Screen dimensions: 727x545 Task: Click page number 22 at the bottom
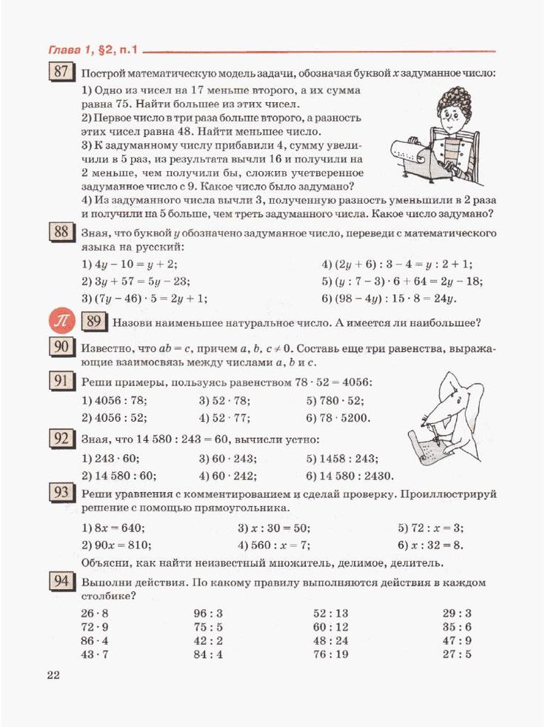click(53, 674)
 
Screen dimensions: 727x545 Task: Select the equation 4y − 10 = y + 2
click(129, 265)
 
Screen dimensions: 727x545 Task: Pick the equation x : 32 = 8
click(430, 545)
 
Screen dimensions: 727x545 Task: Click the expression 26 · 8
click(95, 614)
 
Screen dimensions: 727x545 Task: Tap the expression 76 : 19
click(331, 654)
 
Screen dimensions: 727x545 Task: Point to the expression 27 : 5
click(457, 654)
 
